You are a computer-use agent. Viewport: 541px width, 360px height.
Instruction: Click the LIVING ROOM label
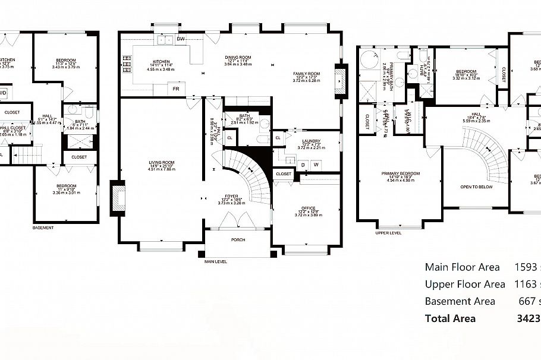pyautogui.click(x=161, y=162)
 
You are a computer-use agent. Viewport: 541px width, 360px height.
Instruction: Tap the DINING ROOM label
pyautogui.click(x=238, y=58)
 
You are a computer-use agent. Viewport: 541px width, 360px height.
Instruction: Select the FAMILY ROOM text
pyautogui.click(x=306, y=74)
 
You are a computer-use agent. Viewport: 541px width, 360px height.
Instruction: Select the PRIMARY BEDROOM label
pyautogui.click(x=401, y=173)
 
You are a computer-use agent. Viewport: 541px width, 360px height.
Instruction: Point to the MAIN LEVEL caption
pyautogui.click(x=215, y=261)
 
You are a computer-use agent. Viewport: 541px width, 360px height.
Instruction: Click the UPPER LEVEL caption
pyautogui.click(x=388, y=233)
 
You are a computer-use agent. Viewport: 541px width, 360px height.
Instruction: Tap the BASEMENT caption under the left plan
pyautogui.click(x=43, y=228)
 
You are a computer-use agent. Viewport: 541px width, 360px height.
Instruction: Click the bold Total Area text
pyautogui.click(x=450, y=318)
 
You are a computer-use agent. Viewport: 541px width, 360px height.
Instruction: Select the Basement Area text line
pyautogui.click(x=460, y=301)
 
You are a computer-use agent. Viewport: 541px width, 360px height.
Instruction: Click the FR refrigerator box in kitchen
pyautogui.click(x=176, y=89)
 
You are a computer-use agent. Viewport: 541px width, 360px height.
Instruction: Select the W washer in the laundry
pyautogui.click(x=316, y=165)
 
